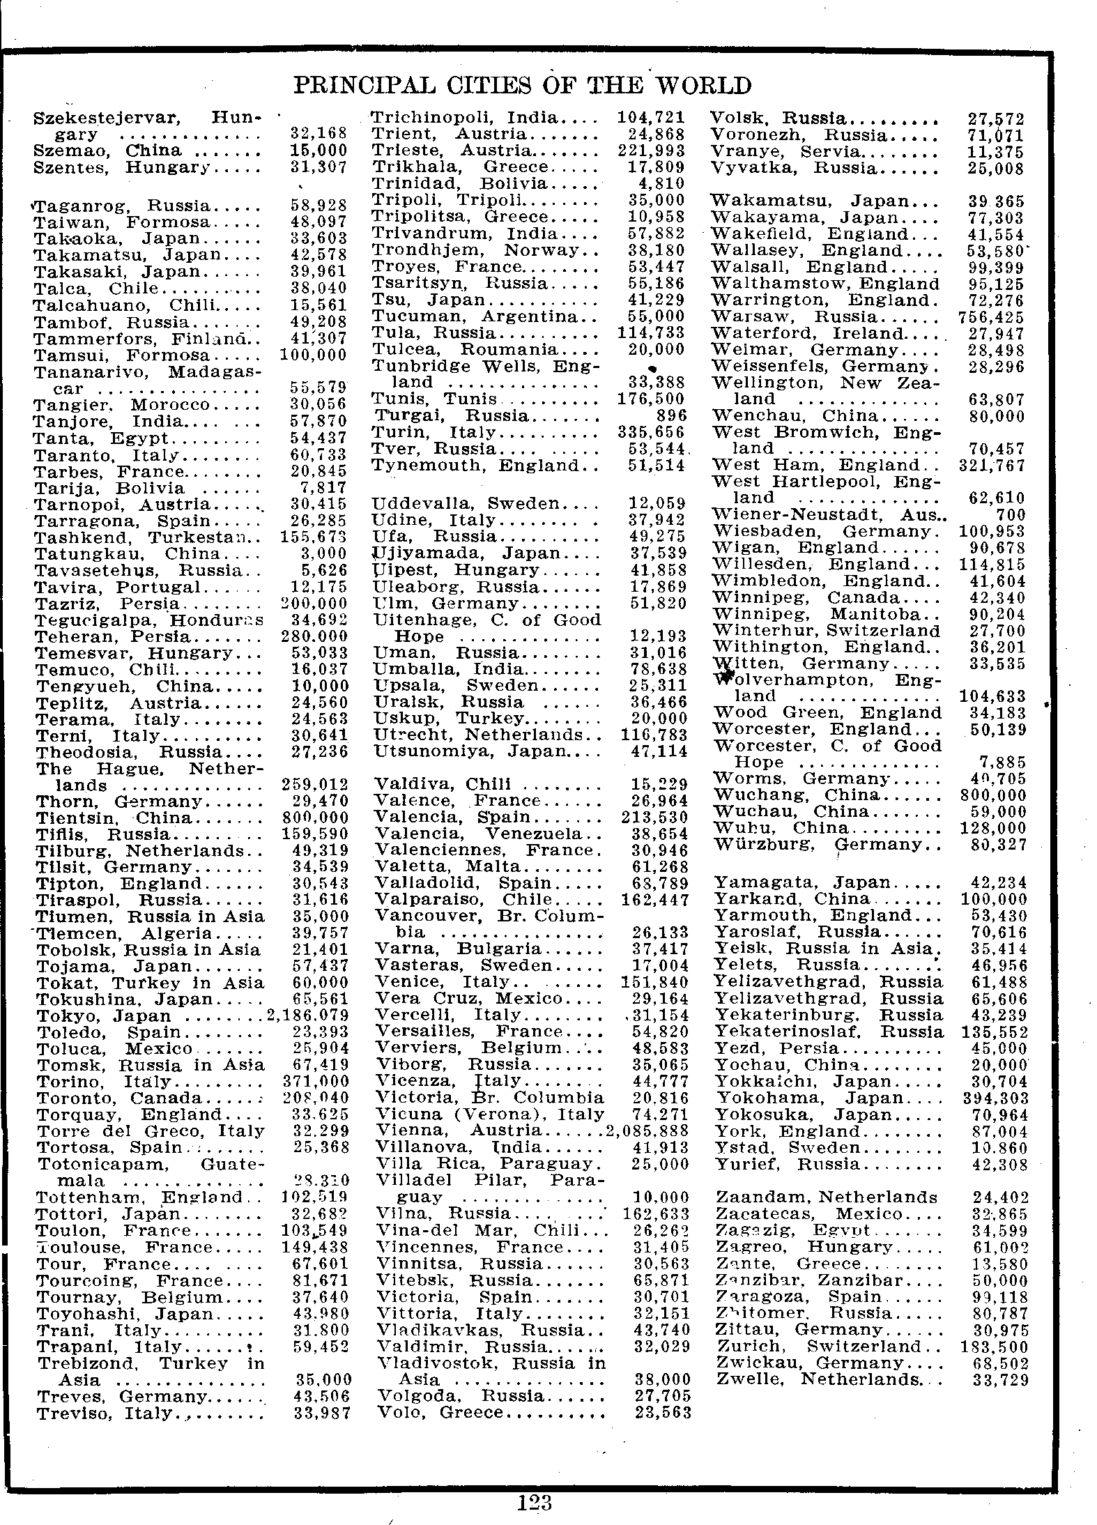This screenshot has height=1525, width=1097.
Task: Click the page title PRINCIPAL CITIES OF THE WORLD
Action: click(523, 86)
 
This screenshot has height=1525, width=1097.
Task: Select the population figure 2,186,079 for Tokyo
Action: click(307, 1016)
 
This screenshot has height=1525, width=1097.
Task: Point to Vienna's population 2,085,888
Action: click(647, 1131)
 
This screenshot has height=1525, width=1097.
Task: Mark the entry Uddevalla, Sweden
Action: click(466, 503)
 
